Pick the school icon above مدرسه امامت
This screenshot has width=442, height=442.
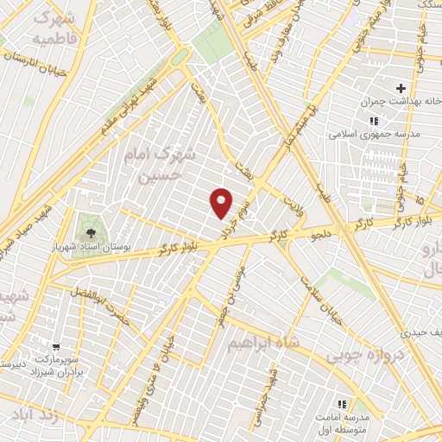342,403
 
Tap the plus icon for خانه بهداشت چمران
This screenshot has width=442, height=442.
401,89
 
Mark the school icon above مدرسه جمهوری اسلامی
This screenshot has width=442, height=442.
373,121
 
